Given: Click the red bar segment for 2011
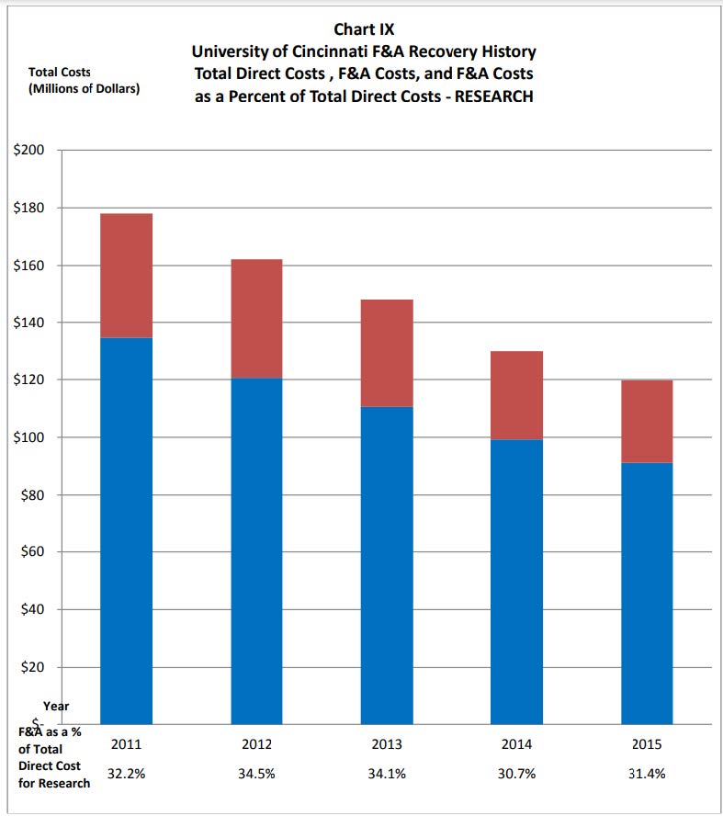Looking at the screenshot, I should click(x=126, y=276).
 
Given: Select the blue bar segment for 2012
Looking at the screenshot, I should click(x=256, y=550).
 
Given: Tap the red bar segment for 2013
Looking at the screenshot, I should click(x=387, y=353).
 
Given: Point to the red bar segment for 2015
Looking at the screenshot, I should click(x=647, y=421).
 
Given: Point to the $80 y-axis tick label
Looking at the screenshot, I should click(x=33, y=495).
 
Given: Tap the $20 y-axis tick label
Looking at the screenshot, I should click(x=33, y=667).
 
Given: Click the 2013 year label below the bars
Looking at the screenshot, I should click(x=387, y=745).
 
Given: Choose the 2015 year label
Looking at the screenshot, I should click(x=647, y=745).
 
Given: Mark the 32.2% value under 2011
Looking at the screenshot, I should click(x=126, y=775).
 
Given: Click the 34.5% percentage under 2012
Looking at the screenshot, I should click(x=256, y=775).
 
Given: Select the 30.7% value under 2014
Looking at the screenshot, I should click(x=516, y=775).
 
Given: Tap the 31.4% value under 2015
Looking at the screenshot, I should click(x=647, y=775).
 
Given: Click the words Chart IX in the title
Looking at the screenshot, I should click(x=364, y=29).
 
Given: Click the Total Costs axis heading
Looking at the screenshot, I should click(x=60, y=72).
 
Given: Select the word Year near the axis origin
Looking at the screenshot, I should click(x=56, y=707).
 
